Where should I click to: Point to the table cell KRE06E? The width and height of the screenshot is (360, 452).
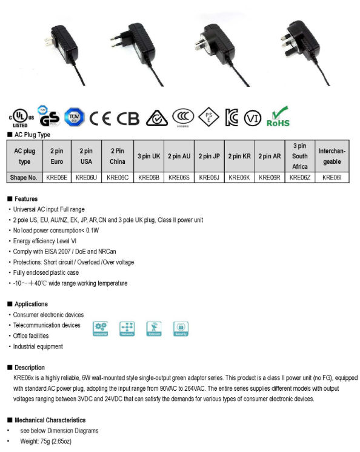tap(56, 178)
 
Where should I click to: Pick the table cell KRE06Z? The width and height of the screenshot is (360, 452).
tap(300, 178)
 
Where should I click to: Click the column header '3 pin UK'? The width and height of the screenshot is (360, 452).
tap(148, 157)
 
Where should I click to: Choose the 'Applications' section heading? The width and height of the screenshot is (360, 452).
tap(30, 304)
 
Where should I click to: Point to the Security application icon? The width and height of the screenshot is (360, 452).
tap(181, 328)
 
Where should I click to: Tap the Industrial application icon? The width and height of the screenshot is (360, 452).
tap(101, 328)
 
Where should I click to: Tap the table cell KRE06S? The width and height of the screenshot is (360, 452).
tap(179, 178)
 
